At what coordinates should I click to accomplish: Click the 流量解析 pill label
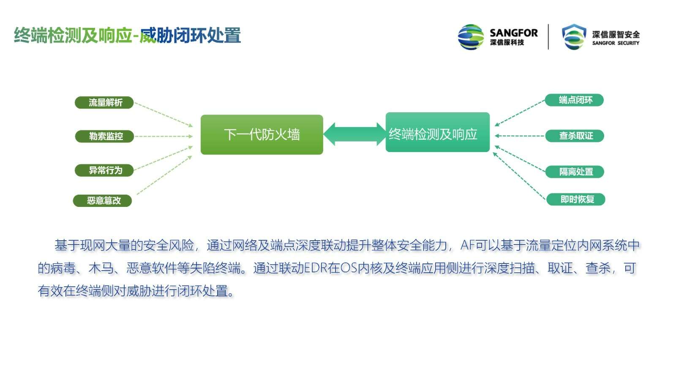104,103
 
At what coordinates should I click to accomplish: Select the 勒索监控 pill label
104,136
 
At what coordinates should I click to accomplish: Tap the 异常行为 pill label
104,171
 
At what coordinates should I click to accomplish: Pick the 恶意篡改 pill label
103,201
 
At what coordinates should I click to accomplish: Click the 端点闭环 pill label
574,100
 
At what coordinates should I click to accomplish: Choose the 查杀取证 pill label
575,136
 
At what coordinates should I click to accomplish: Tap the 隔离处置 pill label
575,172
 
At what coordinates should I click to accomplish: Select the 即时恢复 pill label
576,199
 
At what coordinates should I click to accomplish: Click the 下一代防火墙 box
262,135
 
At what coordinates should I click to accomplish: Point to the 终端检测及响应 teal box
438,132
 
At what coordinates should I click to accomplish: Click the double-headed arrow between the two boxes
354,134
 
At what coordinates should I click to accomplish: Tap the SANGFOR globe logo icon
471,37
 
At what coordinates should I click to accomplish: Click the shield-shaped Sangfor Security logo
574,37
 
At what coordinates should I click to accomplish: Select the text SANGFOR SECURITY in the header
616,43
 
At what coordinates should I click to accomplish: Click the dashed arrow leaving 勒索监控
163,136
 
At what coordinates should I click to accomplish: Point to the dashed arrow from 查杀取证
520,136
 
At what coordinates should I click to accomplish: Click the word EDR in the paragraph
316,268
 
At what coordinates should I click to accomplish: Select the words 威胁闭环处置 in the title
190,35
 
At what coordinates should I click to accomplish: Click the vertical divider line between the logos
548,37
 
